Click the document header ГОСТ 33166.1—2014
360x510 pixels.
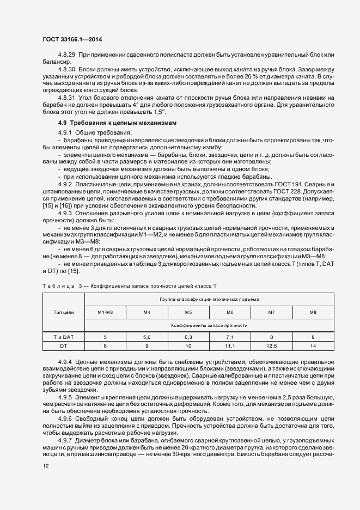72,39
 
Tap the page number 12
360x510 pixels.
46,465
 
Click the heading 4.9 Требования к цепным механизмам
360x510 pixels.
111,123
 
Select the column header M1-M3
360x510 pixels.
105,312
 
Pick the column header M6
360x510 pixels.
230,312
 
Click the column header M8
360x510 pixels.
313,312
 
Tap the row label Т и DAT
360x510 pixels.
63,337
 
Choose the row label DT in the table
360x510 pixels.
63,345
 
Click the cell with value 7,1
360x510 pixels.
230,337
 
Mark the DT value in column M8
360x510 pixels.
313,345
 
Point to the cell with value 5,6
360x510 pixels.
147,337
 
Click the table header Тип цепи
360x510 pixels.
63,312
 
